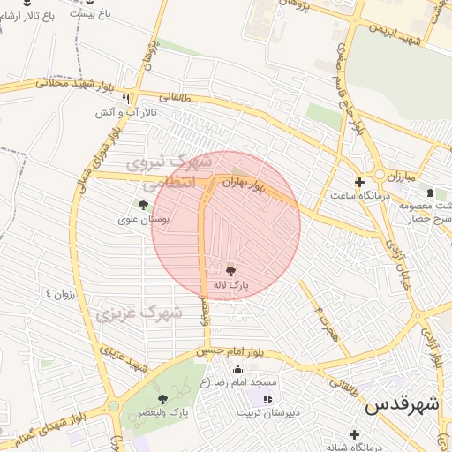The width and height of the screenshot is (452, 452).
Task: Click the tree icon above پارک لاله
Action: (x=231, y=271)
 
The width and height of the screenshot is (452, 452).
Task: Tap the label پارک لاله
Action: (x=231, y=285)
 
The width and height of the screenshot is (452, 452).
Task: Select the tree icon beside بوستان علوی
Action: (x=144, y=205)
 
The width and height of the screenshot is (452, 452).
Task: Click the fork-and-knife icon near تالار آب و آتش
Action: (x=126, y=99)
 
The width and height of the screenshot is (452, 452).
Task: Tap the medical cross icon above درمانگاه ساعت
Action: (x=358, y=182)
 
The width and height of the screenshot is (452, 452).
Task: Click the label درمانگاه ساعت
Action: (x=359, y=195)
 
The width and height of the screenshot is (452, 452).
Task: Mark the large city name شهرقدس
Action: (x=403, y=405)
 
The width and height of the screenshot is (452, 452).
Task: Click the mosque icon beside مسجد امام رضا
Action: (x=237, y=369)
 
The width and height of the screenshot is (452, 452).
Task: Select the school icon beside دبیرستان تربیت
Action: (x=267, y=399)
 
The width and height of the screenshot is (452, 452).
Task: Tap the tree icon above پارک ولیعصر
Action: (x=162, y=399)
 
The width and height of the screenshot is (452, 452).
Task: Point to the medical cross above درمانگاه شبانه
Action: (x=354, y=434)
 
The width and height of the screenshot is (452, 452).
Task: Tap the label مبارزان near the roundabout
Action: (x=399, y=175)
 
